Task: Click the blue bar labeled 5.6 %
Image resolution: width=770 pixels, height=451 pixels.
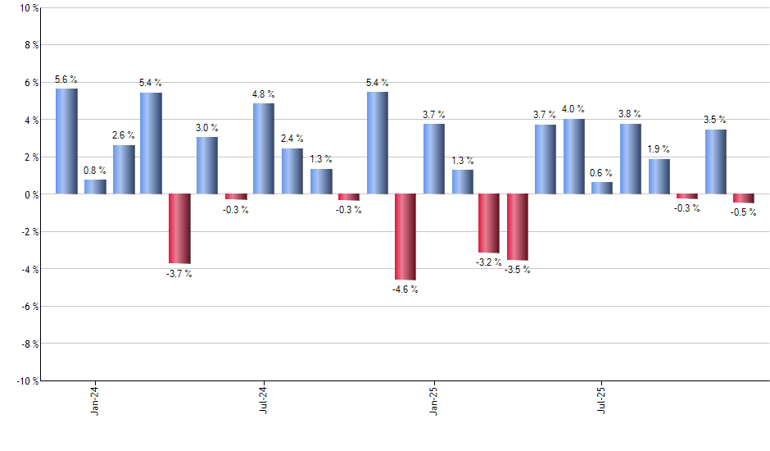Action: pyautogui.click(x=66, y=141)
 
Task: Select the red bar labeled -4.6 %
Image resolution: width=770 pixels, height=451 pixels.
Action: pyautogui.click(x=405, y=237)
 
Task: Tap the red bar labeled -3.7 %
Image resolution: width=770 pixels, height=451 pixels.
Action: pyautogui.click(x=179, y=228)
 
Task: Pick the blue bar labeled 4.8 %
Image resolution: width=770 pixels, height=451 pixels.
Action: pyautogui.click(x=264, y=148)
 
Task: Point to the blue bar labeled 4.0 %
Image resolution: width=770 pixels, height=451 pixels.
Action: pyautogui.click(x=574, y=157)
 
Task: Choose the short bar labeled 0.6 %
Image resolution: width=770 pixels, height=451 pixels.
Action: pyautogui.click(x=602, y=188)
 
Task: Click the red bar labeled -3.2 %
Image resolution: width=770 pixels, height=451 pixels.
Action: pyautogui.click(x=489, y=223)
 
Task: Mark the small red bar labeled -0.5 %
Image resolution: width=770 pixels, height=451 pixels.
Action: pyautogui.click(x=744, y=198)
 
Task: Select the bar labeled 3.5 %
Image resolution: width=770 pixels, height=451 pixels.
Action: pyautogui.click(x=715, y=162)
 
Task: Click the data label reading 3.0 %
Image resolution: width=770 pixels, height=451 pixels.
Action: pyautogui.click(x=207, y=128)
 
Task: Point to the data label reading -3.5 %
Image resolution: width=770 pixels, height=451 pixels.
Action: pyautogui.click(x=517, y=270)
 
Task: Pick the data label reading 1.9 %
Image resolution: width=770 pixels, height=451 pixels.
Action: pyautogui.click(x=659, y=149)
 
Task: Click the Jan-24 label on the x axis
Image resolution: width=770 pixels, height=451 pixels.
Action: pyautogui.click(x=95, y=399)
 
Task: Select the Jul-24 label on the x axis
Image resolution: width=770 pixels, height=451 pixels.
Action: pyautogui.click(x=264, y=399)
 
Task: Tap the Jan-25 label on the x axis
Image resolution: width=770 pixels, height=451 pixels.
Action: pyautogui.click(x=433, y=399)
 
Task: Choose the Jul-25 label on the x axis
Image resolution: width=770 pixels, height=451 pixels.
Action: pyautogui.click(x=602, y=399)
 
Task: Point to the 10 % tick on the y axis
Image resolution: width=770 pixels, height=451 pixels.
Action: pyautogui.click(x=28, y=8)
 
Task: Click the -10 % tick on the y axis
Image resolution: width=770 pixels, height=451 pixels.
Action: pyautogui.click(x=26, y=380)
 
